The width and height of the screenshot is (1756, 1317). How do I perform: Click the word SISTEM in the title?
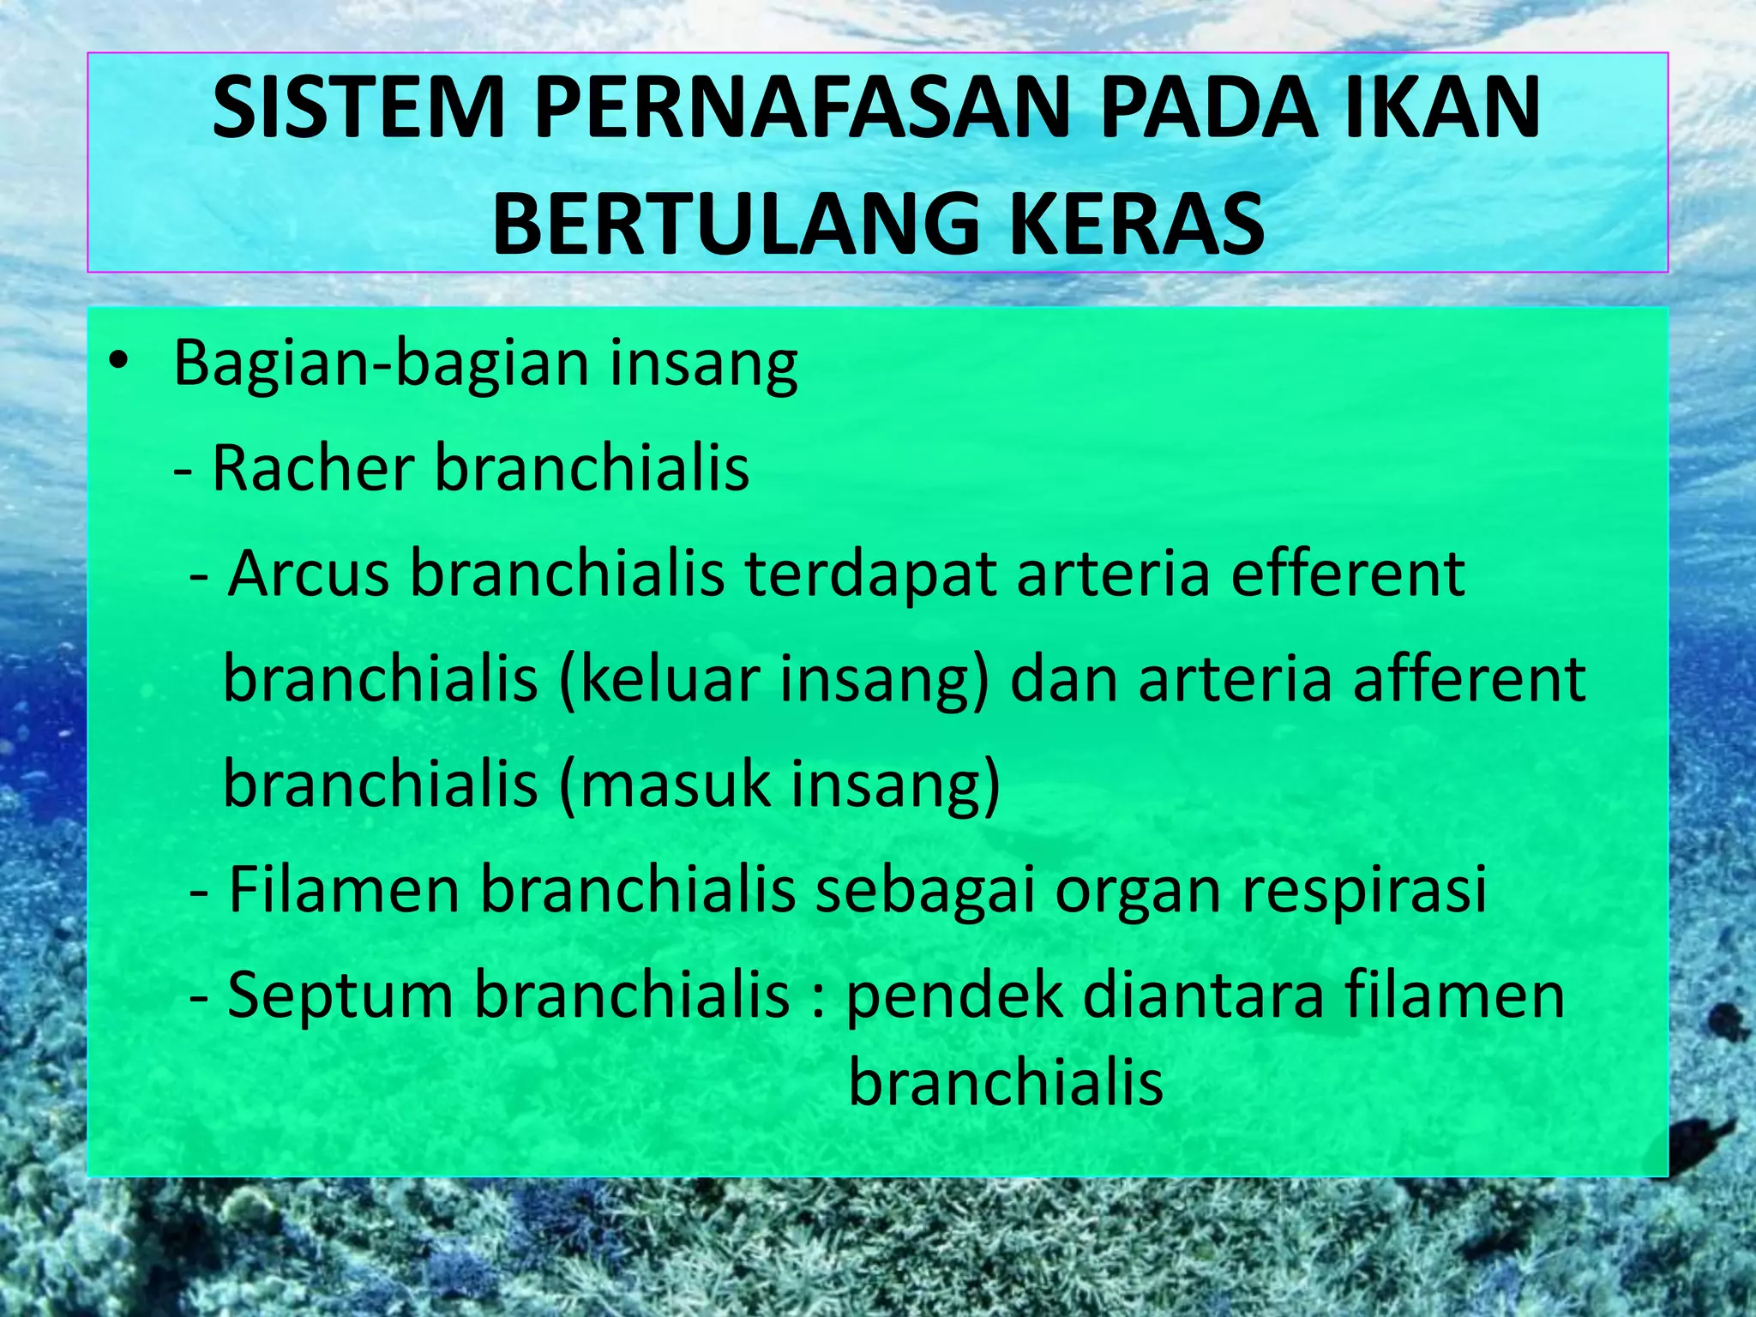pos(358,109)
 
